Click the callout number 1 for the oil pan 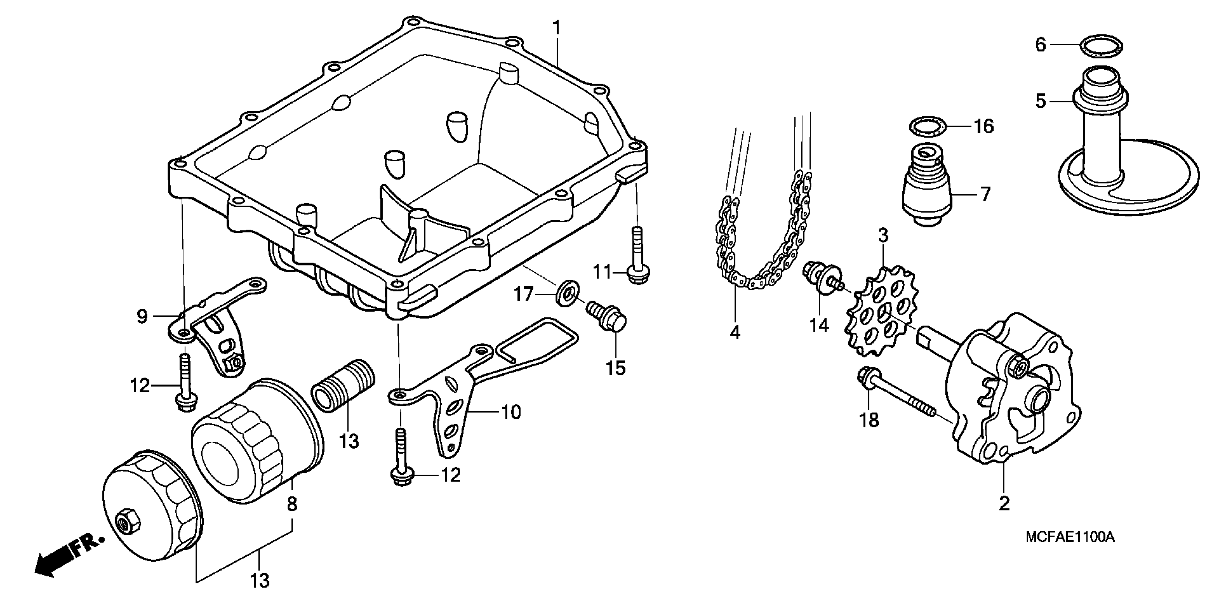557,28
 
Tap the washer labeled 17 566,294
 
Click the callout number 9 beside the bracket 142,316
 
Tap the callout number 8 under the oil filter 292,504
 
